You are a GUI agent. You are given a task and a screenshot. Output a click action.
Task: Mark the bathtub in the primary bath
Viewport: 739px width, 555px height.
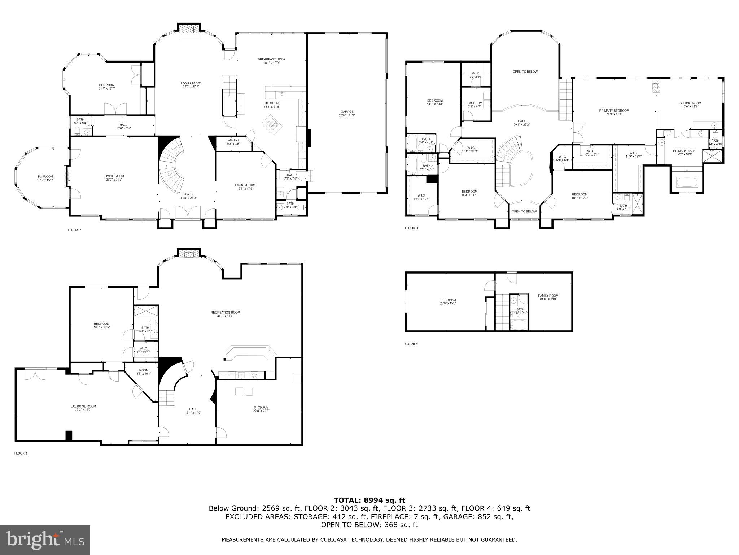(x=687, y=182)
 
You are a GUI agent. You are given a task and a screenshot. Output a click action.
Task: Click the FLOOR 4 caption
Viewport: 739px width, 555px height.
(x=411, y=344)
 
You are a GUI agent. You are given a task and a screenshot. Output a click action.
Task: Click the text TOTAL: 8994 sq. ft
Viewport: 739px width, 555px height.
(x=369, y=500)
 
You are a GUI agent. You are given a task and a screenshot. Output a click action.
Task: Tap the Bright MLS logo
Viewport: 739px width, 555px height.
(x=45, y=540)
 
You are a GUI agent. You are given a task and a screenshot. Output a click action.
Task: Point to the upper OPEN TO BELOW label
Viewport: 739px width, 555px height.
(x=525, y=72)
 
